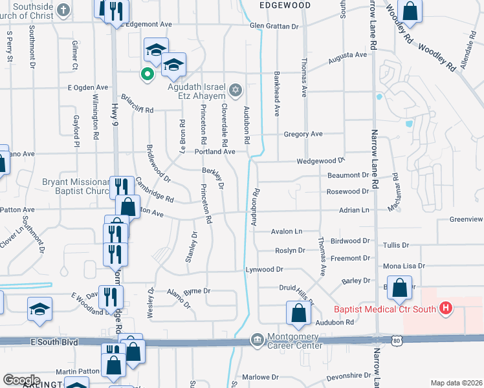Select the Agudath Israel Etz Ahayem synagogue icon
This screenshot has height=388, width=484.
(236, 88)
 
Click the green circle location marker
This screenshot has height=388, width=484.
(148, 74)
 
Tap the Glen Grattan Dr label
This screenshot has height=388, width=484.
(274, 27)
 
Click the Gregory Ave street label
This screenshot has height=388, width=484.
(303, 134)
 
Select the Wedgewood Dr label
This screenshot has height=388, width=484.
(321, 161)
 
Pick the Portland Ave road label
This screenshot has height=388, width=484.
(215, 151)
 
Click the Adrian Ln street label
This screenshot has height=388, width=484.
(355, 210)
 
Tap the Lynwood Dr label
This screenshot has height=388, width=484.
(264, 269)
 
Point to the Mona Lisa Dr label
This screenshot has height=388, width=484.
(404, 266)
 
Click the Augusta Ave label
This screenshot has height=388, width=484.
(347, 56)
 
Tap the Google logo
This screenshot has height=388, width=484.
(21, 380)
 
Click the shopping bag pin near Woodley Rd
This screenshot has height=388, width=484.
(410, 10)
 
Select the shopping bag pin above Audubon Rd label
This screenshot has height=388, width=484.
(298, 313)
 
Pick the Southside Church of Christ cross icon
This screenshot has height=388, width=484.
(63, 9)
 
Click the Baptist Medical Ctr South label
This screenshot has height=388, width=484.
(385, 309)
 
